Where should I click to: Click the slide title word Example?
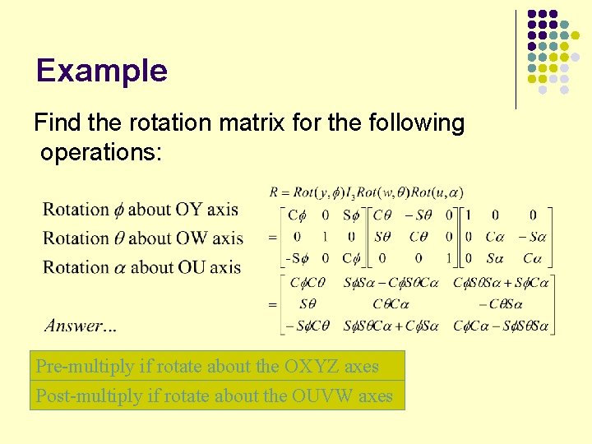(102, 71)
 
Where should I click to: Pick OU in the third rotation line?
(189, 267)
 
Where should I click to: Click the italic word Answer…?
(81, 326)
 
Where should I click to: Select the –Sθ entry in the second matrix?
(420, 215)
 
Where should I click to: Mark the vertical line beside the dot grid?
(516, 59)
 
